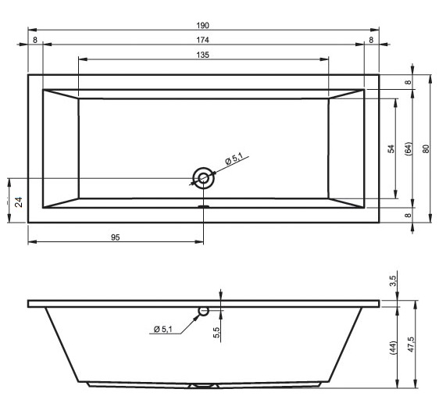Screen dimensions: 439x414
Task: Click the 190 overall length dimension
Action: pos(202,26)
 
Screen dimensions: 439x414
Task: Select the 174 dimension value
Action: pos(202,40)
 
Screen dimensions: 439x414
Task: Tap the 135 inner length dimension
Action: pos(202,55)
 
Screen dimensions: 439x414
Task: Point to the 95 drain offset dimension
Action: pos(116,237)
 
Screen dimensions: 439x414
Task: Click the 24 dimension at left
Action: pos(19,202)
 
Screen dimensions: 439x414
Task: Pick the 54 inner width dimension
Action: pos(391,148)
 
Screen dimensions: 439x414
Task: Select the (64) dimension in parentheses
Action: pos(409,149)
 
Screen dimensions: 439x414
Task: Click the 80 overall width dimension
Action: pos(426,148)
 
